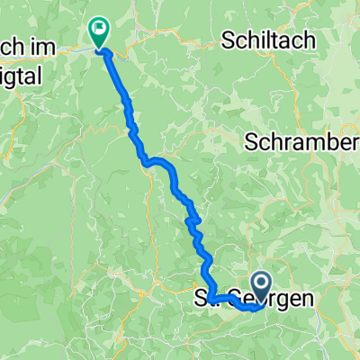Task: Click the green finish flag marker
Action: coord(97,32)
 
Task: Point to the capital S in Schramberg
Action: coord(250,143)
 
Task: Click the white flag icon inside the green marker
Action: coord(97,29)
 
